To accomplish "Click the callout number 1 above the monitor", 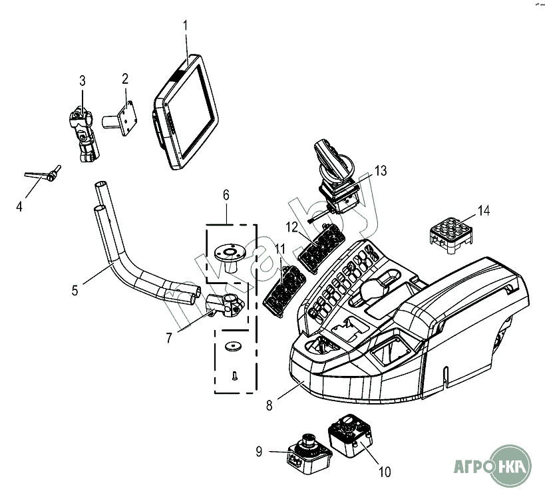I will pos(186,26).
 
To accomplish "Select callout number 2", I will pos(125,79).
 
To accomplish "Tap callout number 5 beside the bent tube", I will pos(75,289).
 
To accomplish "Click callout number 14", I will pos(484,211).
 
